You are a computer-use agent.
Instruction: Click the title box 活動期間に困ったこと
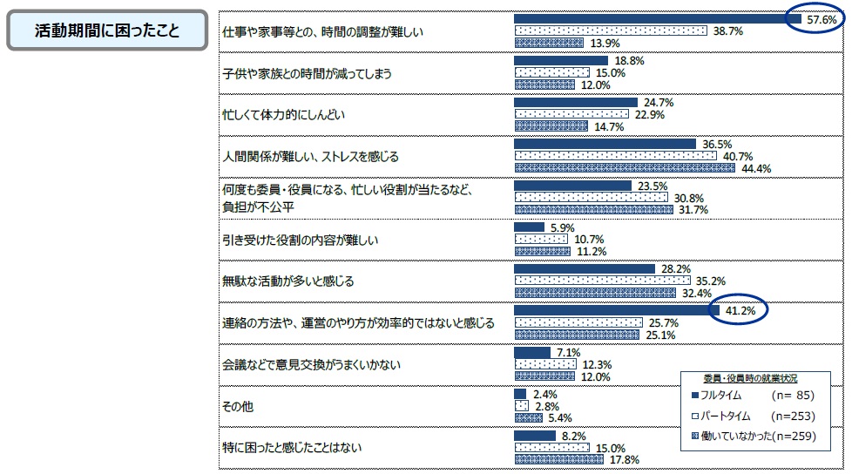(x=107, y=30)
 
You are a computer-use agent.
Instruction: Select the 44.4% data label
(x=755, y=169)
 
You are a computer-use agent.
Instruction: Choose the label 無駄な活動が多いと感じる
(x=287, y=281)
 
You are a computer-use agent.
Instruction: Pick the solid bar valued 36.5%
(x=605, y=144)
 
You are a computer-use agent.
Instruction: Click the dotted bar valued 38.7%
(x=610, y=30)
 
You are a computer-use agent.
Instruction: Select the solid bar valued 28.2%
(x=584, y=269)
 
